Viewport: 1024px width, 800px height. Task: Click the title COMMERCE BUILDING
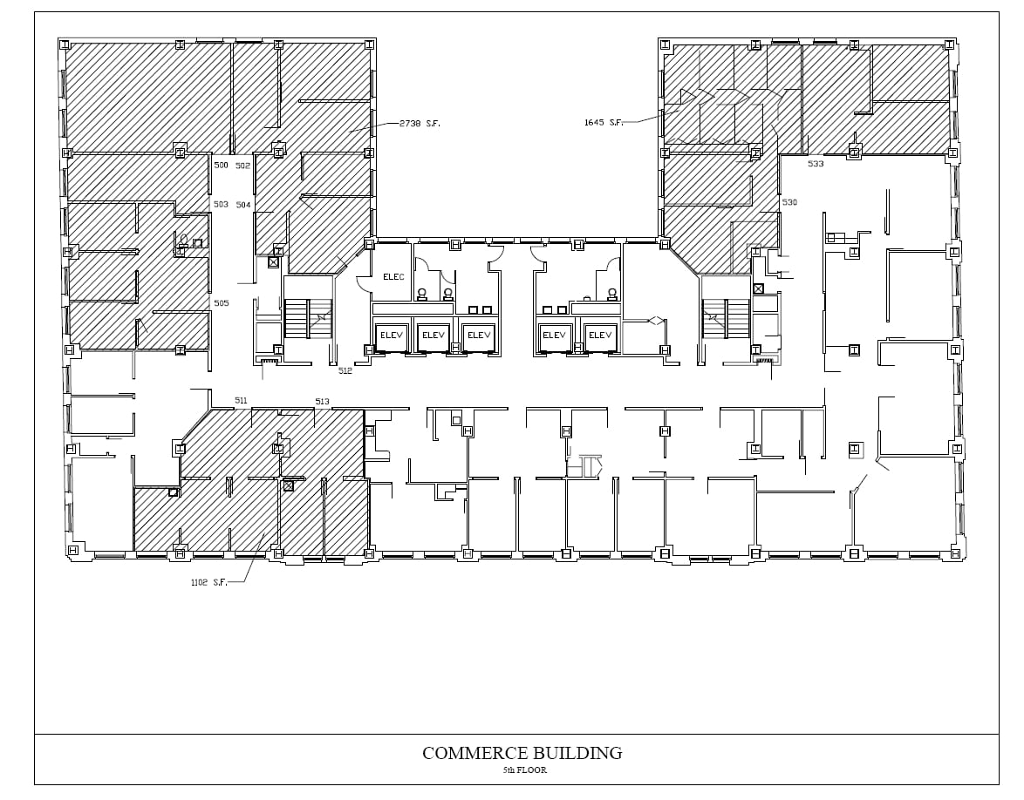coord(522,753)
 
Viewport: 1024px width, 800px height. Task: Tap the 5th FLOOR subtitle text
coord(524,770)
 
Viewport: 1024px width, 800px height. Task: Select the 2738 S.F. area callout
coord(420,124)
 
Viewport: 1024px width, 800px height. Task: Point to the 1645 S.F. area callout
coord(604,123)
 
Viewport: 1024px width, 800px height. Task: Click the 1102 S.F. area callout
coord(208,582)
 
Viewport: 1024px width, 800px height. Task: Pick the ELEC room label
coord(393,277)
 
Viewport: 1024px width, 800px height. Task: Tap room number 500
coord(221,166)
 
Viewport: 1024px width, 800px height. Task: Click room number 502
coord(242,166)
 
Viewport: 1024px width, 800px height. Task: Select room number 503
coord(221,205)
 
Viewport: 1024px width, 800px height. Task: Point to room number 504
coord(243,205)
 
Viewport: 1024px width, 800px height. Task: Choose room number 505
coord(221,303)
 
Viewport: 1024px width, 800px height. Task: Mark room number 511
coord(241,400)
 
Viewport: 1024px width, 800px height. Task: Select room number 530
coord(789,202)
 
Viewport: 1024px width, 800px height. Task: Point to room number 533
coord(816,164)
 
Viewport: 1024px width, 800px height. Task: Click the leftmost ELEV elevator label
coord(388,335)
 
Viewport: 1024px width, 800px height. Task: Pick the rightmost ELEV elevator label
coord(600,335)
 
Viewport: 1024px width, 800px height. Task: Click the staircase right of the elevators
coord(726,318)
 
